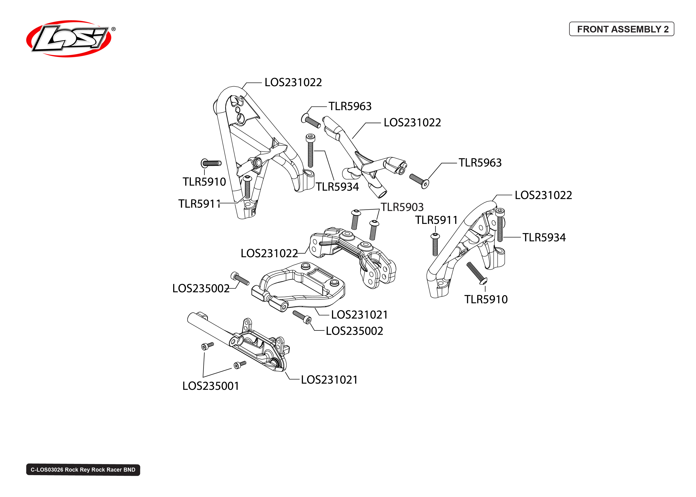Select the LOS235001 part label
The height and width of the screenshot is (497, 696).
(x=211, y=386)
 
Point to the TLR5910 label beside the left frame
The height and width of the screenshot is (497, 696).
(x=204, y=182)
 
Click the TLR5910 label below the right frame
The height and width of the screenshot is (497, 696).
(x=486, y=299)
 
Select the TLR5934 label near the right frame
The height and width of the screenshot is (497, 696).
(x=544, y=238)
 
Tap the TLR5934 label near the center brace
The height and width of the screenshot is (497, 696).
(x=337, y=187)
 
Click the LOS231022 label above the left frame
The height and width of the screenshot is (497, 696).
(x=293, y=82)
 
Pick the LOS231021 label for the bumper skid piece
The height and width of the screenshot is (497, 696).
(x=329, y=380)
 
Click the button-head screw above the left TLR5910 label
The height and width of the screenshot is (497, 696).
(x=211, y=163)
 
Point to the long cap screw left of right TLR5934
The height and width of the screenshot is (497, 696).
(x=500, y=225)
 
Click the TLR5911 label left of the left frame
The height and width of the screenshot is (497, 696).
(x=199, y=204)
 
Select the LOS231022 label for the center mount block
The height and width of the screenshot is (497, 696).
(x=269, y=253)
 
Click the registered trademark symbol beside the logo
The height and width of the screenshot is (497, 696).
(x=114, y=29)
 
